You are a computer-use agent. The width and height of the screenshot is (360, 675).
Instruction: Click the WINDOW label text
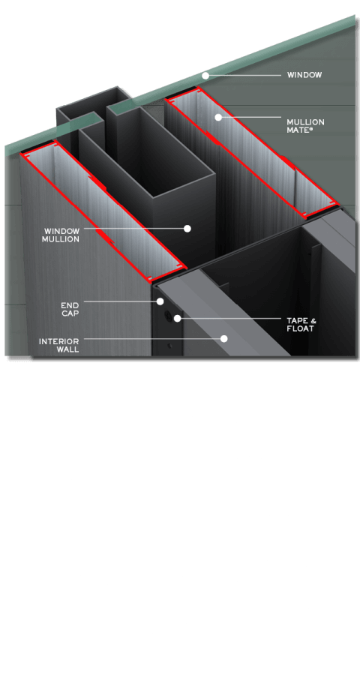coord(304,75)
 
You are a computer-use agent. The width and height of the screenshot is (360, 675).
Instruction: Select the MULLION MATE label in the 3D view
coord(304,125)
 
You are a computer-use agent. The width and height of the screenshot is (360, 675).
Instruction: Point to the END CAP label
coord(71,310)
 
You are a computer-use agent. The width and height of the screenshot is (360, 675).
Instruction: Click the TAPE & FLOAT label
coord(301,324)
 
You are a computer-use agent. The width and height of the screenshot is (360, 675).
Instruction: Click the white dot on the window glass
coord(204,76)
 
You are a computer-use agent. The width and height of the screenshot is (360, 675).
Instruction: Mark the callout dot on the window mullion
coord(187,228)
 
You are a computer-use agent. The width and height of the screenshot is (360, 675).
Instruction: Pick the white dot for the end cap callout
coord(160,301)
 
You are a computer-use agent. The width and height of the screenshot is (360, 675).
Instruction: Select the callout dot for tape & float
coord(178,319)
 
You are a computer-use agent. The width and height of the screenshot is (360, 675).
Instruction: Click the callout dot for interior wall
coord(223,338)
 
